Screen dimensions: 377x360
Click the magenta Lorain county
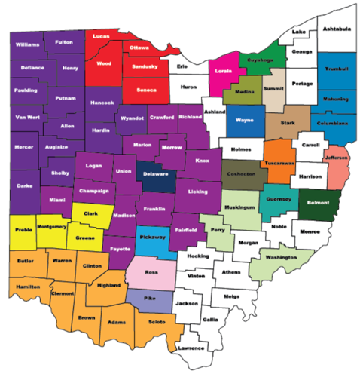click(x=224, y=72)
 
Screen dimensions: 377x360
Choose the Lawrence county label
click(x=191, y=348)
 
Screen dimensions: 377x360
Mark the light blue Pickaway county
click(x=151, y=238)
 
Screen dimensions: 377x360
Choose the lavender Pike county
click(x=148, y=299)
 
